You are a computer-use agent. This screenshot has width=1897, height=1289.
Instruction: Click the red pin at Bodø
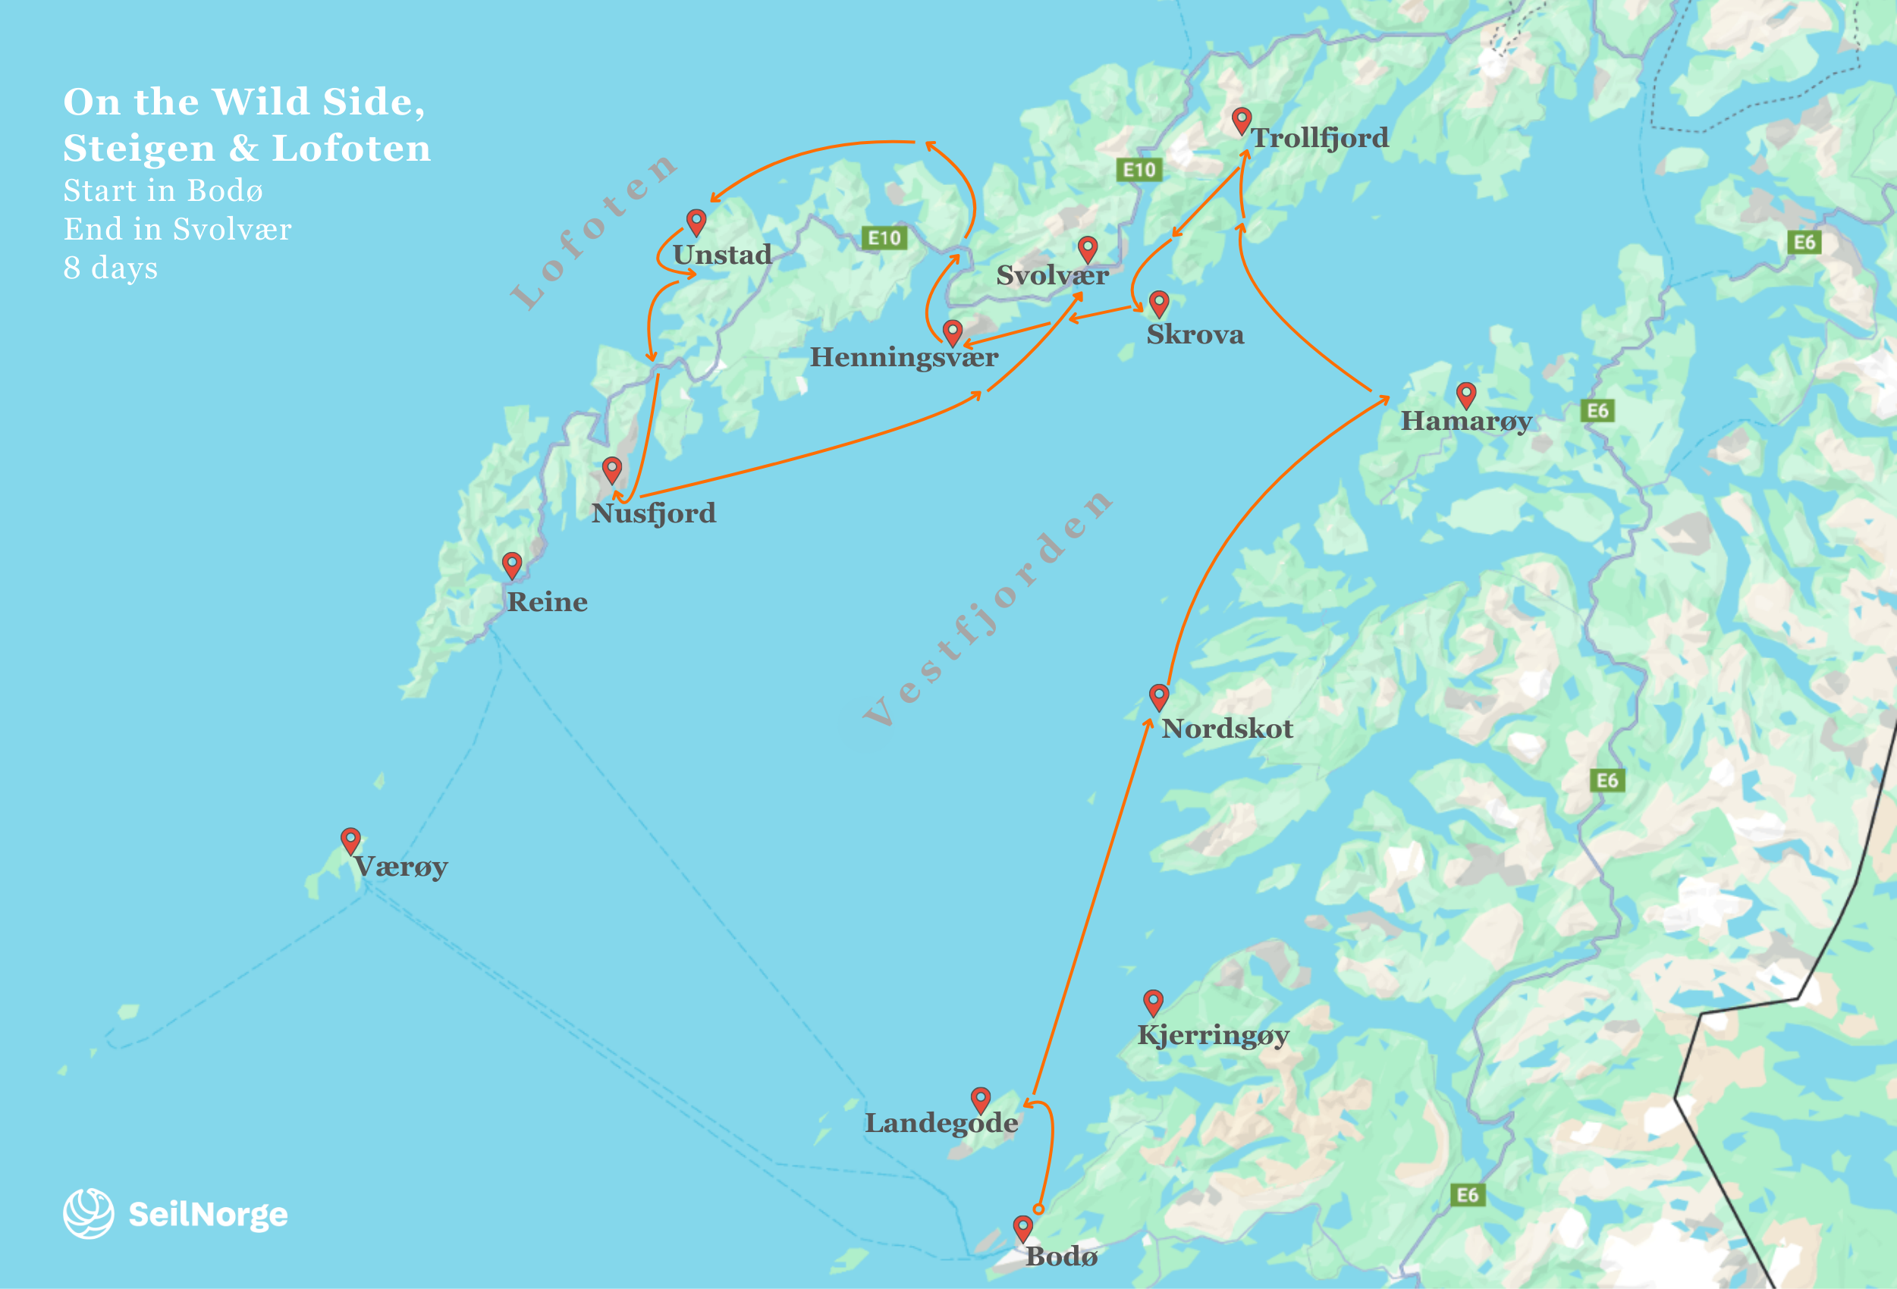pyautogui.click(x=1022, y=1227)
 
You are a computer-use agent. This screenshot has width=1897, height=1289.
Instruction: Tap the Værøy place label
pyautogui.click(x=400, y=867)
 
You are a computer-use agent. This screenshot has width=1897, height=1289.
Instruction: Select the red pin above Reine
pyautogui.click(x=512, y=563)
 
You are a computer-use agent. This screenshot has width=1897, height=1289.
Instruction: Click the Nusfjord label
pyautogui.click(x=653, y=513)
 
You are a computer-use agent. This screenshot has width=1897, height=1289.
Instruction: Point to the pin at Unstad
pyautogui.click(x=696, y=221)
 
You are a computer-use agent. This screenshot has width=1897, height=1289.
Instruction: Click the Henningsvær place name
pyautogui.click(x=903, y=357)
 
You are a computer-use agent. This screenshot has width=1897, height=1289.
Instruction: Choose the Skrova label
pyautogui.click(x=1195, y=334)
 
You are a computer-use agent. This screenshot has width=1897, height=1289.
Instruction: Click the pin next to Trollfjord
pyautogui.click(x=1241, y=120)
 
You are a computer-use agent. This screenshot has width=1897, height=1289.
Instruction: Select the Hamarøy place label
pyautogui.click(x=1466, y=421)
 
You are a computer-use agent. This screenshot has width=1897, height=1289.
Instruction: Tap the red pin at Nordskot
pyautogui.click(x=1158, y=696)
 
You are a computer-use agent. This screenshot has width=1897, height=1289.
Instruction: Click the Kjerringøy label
pyautogui.click(x=1213, y=1034)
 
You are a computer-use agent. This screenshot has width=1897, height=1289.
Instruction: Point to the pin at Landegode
pyautogui.click(x=980, y=1099)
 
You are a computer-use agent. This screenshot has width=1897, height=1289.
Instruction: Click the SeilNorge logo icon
pyautogui.click(x=88, y=1213)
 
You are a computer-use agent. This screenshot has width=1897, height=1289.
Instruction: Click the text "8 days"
pyautogui.click(x=111, y=268)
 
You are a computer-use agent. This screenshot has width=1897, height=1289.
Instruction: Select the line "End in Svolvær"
pyautogui.click(x=177, y=229)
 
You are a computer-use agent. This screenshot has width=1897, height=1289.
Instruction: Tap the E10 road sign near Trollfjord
pyautogui.click(x=1139, y=170)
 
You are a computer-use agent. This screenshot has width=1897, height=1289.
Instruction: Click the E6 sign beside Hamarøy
pyautogui.click(x=1597, y=410)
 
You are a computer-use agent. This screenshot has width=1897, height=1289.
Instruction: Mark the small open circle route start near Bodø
pyautogui.click(x=1038, y=1208)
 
